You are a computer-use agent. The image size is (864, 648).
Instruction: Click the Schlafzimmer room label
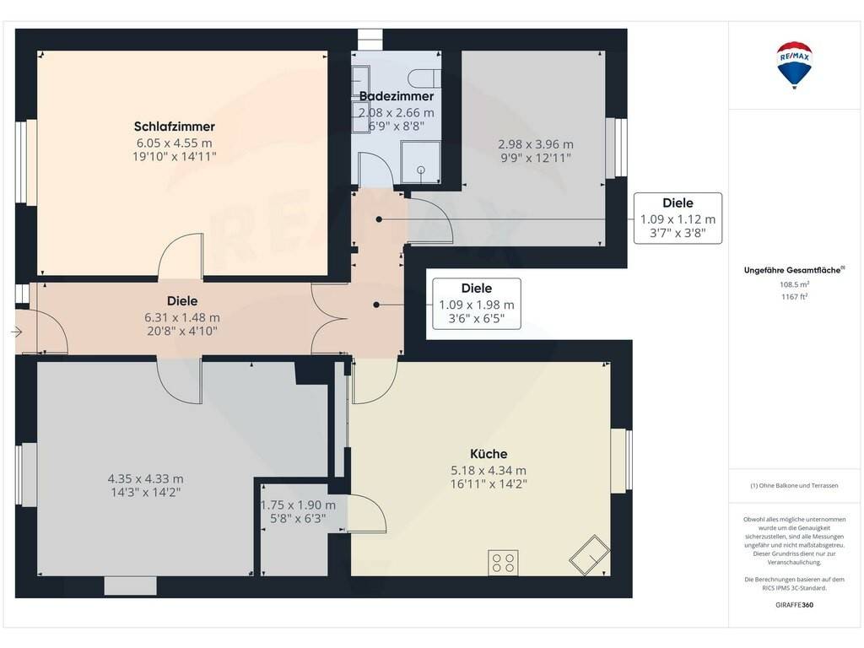pos(174,127)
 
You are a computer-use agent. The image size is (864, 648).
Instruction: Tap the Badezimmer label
pos(397,96)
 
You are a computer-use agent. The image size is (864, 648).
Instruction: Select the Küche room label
pos(489,453)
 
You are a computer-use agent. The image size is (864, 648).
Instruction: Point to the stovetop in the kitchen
pos(503,563)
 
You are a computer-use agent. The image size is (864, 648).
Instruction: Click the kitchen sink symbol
pos(590,555)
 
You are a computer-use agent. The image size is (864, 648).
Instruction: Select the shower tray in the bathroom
pos(420,162)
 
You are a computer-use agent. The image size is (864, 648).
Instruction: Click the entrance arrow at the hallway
pos(17,332)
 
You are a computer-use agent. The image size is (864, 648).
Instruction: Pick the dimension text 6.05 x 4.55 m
pos(174,143)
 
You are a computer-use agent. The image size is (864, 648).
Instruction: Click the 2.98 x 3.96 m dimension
pos(536,144)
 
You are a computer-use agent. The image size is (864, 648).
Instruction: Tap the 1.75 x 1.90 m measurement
pos(298,505)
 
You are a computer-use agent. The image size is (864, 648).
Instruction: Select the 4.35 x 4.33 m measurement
pos(145,479)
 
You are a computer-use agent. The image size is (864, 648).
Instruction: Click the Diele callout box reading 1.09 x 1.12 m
pos(678,219)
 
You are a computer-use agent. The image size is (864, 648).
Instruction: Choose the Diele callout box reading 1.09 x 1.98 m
pos(477,304)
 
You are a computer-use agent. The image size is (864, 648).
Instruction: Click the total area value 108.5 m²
pos(794,284)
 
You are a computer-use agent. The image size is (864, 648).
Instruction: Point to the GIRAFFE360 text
pos(794,604)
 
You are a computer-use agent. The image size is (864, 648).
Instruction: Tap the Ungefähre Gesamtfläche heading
pos(794,270)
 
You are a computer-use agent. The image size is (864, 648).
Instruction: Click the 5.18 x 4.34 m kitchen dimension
pos(489,471)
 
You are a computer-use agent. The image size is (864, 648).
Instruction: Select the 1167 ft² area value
pos(794,296)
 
